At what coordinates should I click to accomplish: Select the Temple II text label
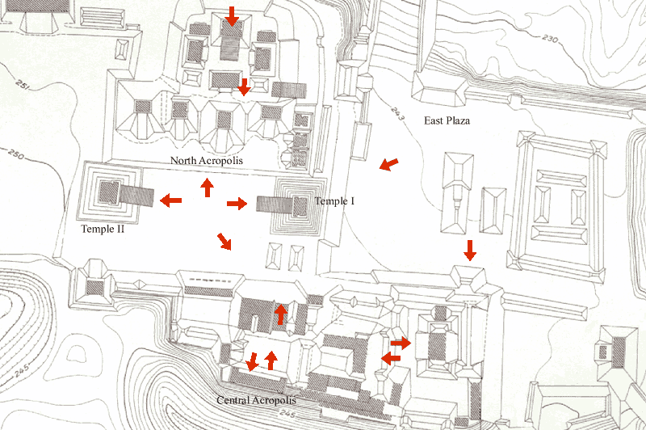tap(103, 230)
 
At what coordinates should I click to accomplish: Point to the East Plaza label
tap(447, 121)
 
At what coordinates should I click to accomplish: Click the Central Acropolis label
tap(256, 400)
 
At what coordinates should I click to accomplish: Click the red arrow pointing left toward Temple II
tap(170, 200)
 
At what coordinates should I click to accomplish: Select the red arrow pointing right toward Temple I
tap(237, 204)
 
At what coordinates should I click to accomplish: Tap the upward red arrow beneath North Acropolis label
tap(207, 188)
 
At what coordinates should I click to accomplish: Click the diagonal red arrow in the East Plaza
tap(388, 165)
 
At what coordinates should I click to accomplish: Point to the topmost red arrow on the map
tap(232, 15)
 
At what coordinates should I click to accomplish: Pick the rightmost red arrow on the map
tap(470, 251)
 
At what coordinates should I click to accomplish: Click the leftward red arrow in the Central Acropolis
tap(391, 358)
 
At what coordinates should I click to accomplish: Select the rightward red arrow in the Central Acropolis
tap(401, 343)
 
